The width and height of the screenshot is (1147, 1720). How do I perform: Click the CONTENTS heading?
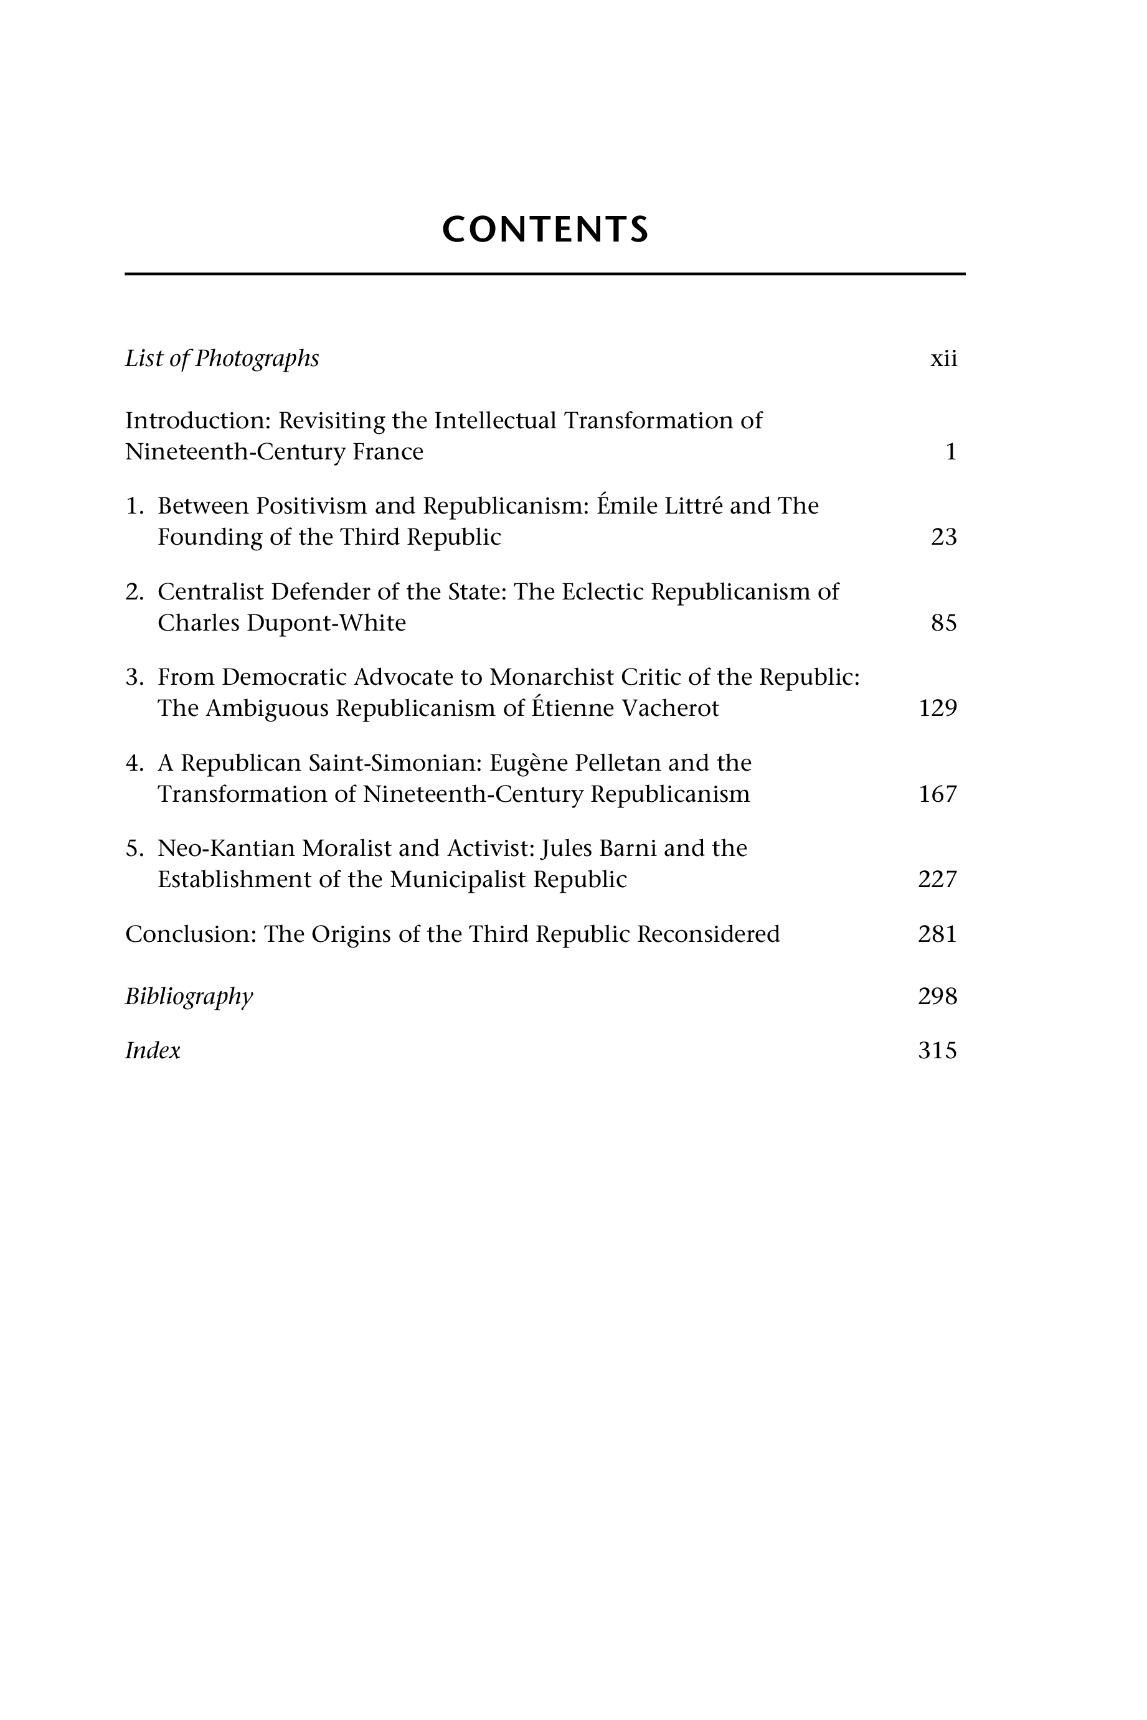(545, 230)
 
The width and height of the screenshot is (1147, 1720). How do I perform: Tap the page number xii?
(943, 359)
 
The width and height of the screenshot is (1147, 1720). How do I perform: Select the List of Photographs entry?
(222, 359)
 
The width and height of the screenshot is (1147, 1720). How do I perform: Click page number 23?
(943, 537)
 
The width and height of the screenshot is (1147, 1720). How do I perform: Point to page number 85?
(943, 623)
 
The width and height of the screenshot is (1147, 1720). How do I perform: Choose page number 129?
(937, 708)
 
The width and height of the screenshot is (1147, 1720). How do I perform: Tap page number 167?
(937, 794)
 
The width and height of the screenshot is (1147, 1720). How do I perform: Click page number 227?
(937, 879)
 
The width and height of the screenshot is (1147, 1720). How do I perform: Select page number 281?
(937, 934)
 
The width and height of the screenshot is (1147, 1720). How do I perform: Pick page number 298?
(937, 997)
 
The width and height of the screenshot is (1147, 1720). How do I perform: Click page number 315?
(937, 1051)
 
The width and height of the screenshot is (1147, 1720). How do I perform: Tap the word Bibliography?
(189, 997)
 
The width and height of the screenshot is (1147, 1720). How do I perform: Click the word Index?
(152, 1051)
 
